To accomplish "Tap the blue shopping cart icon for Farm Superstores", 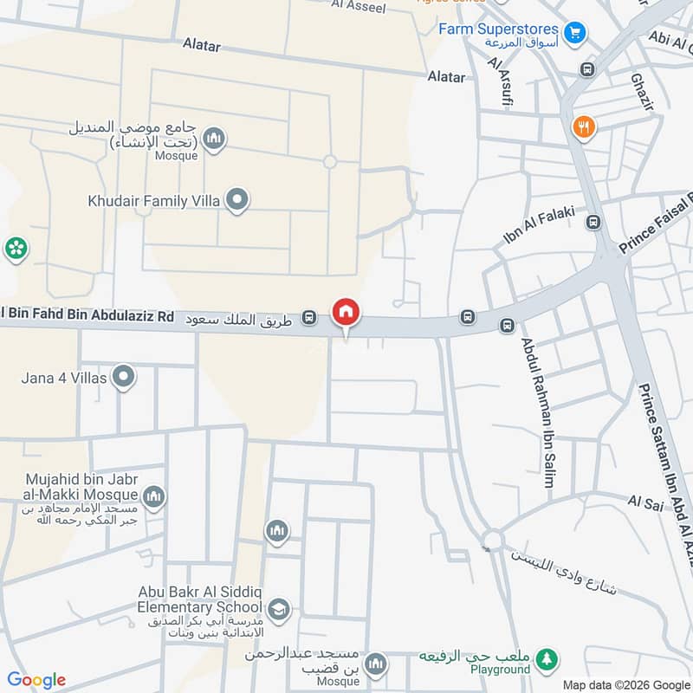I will (573, 33).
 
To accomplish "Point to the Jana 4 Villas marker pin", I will (124, 377).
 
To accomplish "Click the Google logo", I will (36, 680).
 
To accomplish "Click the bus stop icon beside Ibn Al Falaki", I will (593, 223).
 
